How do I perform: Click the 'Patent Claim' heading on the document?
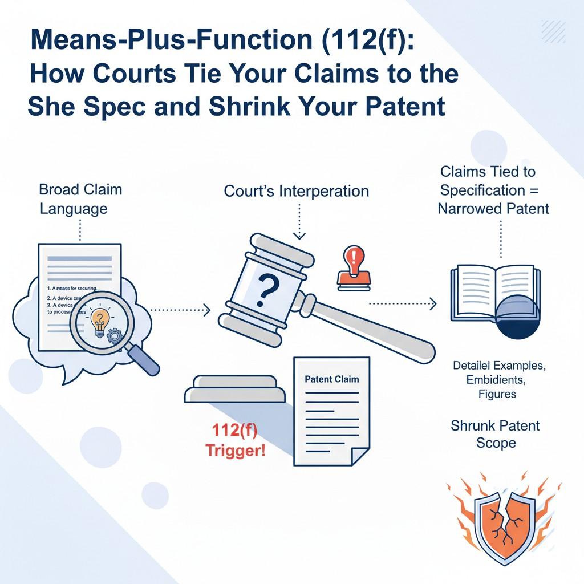click(x=332, y=379)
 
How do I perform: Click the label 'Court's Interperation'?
click(x=296, y=191)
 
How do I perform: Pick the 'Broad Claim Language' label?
click(x=80, y=198)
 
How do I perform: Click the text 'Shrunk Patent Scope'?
click(x=495, y=433)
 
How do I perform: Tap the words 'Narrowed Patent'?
click(x=493, y=208)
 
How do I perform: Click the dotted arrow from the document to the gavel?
click(x=179, y=310)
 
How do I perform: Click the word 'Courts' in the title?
click(x=124, y=74)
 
